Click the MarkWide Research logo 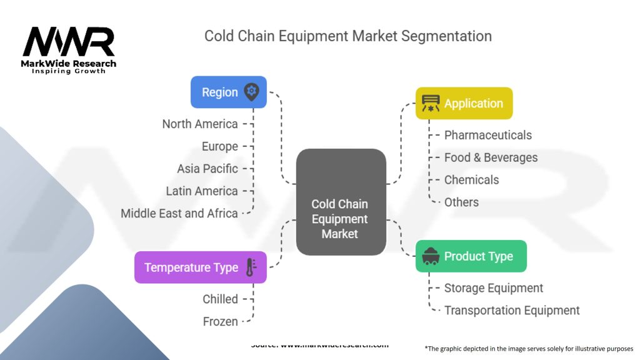tap(69, 50)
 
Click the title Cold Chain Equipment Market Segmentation tap(348, 36)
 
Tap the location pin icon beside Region tap(251, 92)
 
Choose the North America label tap(200, 124)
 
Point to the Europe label tap(219, 146)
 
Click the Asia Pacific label tap(207, 169)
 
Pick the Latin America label tap(202, 191)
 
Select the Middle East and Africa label tap(179, 213)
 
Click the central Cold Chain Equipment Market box tap(340, 219)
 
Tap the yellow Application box tap(464, 103)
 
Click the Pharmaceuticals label tap(487, 135)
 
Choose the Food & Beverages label tap(491, 157)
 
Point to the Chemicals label tap(471, 180)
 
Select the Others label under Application tap(461, 202)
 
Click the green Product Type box tap(471, 256)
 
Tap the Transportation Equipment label tap(512, 311)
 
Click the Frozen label tap(220, 322)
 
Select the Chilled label tap(220, 299)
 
